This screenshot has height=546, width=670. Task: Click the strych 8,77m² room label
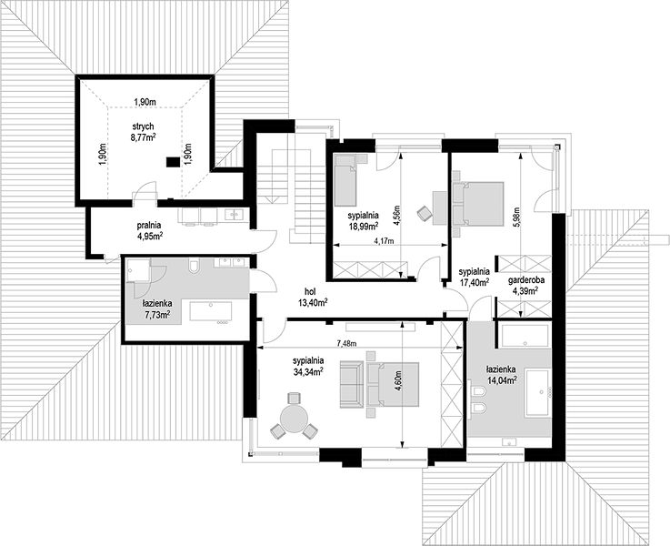tap(143, 131)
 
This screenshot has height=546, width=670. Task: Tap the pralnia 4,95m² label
tap(149, 229)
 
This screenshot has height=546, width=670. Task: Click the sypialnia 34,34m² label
tap(307, 366)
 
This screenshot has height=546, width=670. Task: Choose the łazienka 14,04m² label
tap(501, 375)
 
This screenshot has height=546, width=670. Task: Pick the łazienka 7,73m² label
tap(156, 308)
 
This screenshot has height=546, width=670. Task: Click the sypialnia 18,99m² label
tap(364, 221)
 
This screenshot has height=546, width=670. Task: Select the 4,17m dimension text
tap(385, 241)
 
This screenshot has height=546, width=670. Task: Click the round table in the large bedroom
tap(294, 420)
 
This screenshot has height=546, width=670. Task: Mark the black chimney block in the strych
tap(173, 162)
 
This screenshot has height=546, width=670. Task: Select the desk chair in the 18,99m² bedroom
tap(425, 213)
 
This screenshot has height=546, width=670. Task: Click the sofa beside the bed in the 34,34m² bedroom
tap(352, 384)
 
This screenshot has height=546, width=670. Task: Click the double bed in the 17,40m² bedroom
tap(478, 203)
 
